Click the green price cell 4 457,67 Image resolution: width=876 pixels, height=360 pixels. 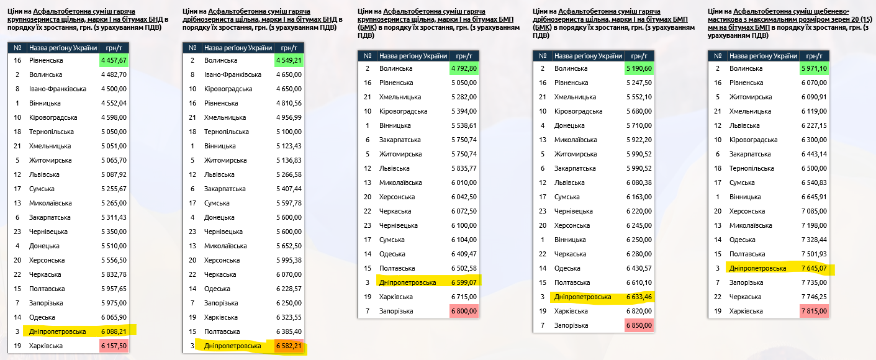[x=114, y=60]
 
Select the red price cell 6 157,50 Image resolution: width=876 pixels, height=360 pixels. [x=114, y=346]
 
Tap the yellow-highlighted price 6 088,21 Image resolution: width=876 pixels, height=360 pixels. [x=114, y=331]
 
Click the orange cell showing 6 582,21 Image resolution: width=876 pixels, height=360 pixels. [x=289, y=346]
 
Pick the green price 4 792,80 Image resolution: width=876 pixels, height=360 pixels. [x=464, y=68]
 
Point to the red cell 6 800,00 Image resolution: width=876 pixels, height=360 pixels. [x=464, y=311]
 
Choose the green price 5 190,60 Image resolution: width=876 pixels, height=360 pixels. [x=639, y=68]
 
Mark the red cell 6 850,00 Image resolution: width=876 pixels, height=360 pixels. [x=639, y=325]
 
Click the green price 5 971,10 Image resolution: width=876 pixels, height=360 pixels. [x=815, y=68]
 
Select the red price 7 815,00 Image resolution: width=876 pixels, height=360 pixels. [x=815, y=311]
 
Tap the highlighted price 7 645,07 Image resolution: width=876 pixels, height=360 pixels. [x=815, y=268]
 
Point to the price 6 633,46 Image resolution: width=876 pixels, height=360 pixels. [x=639, y=297]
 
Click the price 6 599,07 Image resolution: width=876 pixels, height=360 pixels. [x=464, y=282]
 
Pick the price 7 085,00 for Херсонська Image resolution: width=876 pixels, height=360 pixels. [x=815, y=211]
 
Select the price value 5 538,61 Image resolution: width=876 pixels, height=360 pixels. [x=464, y=125]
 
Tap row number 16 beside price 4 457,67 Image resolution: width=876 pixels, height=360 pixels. [x=18, y=60]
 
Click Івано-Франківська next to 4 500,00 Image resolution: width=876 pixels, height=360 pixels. [x=58, y=89]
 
